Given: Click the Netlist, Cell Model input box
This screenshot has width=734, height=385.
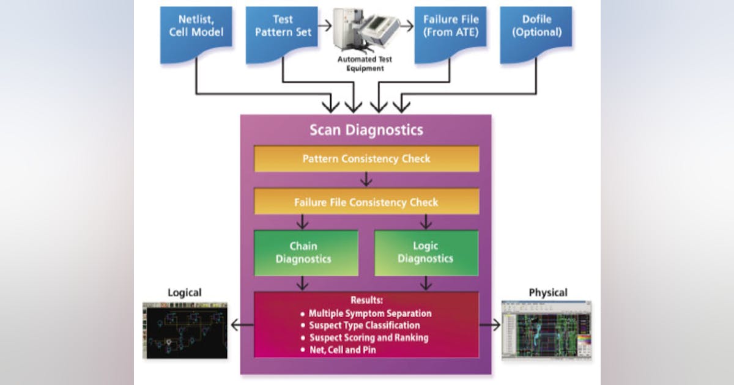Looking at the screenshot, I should point(196,34).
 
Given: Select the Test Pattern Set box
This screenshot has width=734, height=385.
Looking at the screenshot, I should point(282,34).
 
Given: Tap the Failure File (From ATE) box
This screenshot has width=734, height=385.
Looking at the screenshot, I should point(451,34).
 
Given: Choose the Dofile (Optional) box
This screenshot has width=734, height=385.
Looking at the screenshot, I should point(536,34).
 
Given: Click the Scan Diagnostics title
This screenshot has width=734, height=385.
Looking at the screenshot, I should point(366,130).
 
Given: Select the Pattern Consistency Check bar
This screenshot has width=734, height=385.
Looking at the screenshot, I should point(366,159).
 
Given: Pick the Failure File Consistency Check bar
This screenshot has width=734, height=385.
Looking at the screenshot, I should point(366,202).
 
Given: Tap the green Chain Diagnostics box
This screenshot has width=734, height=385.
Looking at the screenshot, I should point(303,252).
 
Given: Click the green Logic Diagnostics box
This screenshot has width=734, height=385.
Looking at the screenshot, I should point(426,252).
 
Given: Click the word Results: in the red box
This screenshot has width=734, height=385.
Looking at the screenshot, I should point(366,301).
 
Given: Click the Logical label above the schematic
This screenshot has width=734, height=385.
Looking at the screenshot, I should point(184,293).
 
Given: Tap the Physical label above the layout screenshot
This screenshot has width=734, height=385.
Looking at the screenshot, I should point(547,293).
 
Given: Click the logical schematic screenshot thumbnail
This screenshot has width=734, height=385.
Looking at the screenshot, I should point(185,329).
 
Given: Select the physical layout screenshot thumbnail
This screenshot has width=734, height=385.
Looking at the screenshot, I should point(547,330).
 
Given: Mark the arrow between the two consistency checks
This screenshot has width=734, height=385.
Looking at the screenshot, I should point(366,180).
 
